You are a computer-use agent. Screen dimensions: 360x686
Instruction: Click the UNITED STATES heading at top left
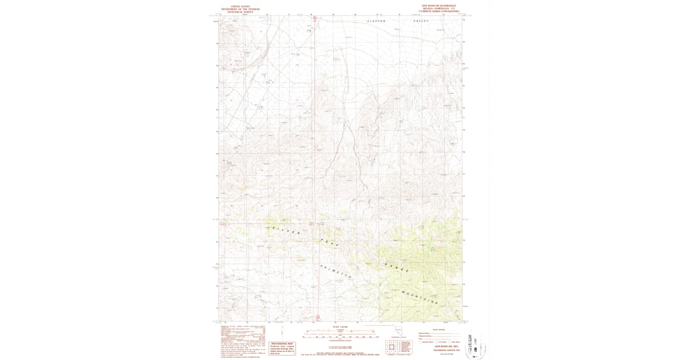click(x=236, y=6)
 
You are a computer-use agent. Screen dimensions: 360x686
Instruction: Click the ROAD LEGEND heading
click(x=439, y=329)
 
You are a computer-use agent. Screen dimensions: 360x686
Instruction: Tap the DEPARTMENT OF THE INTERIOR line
click(x=236, y=9)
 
